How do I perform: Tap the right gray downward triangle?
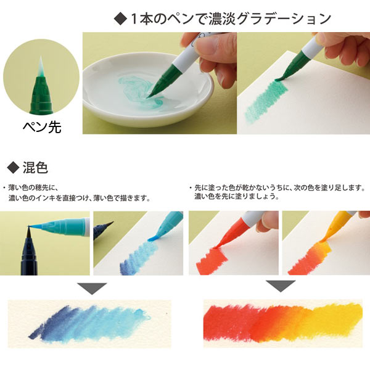(x=277, y=286)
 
